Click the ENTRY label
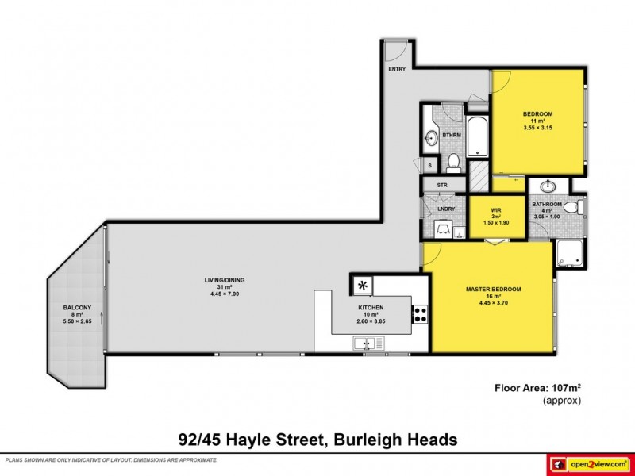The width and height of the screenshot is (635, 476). (397, 70)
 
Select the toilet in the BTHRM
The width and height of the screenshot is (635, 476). (454, 163)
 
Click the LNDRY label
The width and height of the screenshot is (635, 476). (445, 209)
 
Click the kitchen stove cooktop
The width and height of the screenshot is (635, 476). (420, 314)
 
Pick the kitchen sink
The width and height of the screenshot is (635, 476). (369, 344)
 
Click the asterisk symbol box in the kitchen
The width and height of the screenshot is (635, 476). (363, 285)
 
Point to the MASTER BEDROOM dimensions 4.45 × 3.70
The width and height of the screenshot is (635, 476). (493, 302)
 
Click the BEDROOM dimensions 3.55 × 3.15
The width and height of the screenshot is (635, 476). (537, 128)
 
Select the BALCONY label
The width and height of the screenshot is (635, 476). (78, 308)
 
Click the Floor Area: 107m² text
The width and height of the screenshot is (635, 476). (534, 388)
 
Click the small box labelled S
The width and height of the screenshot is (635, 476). (429, 165)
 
